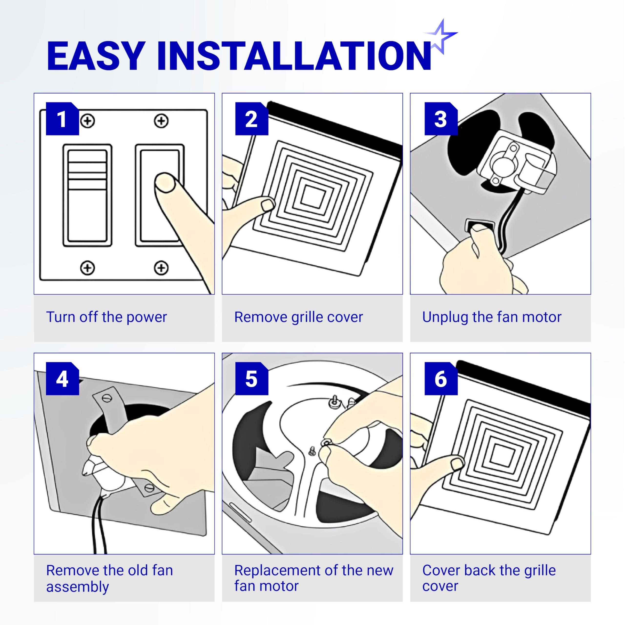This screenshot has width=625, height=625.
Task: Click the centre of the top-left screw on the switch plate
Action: [x=87, y=121]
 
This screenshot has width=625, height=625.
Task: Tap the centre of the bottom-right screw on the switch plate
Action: [x=161, y=268]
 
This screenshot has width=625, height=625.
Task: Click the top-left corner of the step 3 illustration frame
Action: [x=410, y=93]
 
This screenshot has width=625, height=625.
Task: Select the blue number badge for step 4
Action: [x=62, y=378]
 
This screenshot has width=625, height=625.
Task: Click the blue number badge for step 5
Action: [x=252, y=378]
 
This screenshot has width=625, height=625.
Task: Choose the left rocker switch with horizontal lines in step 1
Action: [x=87, y=195]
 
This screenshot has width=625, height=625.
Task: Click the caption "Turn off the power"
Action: [x=106, y=317]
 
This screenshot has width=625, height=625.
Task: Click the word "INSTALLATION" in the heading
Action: [x=294, y=56]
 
